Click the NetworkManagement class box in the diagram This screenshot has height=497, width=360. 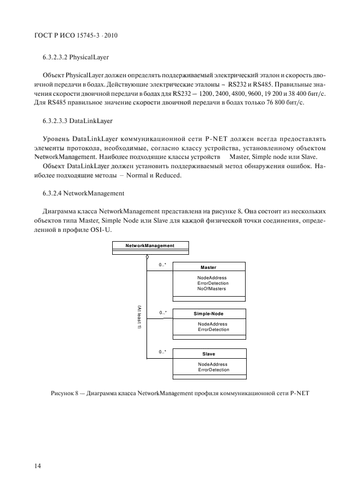pos(150,246)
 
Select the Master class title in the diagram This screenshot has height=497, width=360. pos(208,267)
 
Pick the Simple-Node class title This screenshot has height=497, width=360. pos(209,314)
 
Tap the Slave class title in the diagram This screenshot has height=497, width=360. pos(209,354)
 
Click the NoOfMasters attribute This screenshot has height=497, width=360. pos(212,289)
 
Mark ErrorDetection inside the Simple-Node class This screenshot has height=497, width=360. pos(213,330)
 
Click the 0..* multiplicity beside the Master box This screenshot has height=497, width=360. pos(162,265)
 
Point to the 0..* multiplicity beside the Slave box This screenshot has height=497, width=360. pos(162,352)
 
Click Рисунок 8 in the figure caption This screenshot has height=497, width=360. pos(64,393)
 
